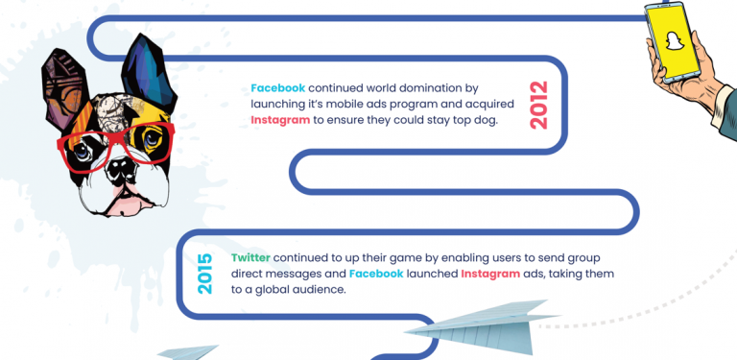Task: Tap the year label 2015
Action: click(204, 274)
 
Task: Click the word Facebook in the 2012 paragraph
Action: click(277, 86)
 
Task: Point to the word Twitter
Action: click(251, 258)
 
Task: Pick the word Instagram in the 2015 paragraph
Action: click(492, 274)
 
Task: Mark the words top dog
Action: click(470, 120)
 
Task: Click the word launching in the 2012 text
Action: click(278, 103)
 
